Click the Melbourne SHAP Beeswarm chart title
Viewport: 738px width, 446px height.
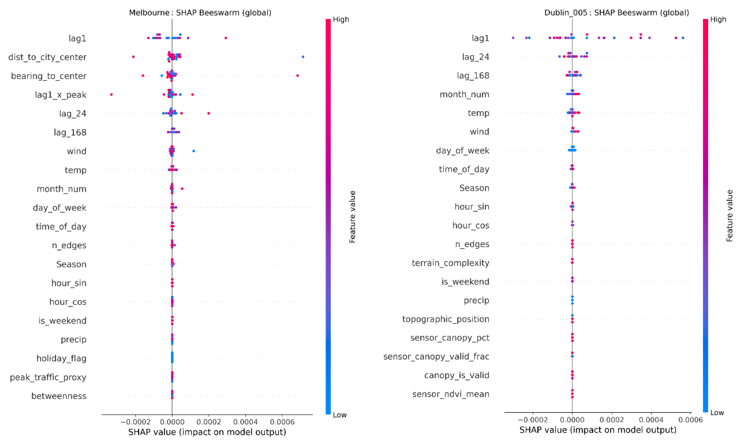(x=200, y=13)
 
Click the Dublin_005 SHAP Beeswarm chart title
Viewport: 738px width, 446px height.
(x=616, y=13)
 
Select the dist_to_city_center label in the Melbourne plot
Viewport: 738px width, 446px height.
(x=47, y=57)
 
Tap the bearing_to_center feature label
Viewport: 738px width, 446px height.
(x=49, y=76)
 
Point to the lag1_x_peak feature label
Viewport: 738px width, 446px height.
(x=61, y=95)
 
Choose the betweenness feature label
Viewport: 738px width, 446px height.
(x=59, y=396)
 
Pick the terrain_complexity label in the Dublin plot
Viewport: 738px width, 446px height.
(x=450, y=263)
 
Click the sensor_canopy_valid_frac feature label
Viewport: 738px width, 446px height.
(x=436, y=356)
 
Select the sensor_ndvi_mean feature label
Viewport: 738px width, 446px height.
(x=450, y=394)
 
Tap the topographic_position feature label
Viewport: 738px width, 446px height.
(x=445, y=319)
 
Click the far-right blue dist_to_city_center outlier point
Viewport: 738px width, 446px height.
(x=303, y=57)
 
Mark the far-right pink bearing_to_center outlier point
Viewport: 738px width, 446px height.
(x=297, y=75)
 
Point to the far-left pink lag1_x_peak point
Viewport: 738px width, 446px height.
(x=111, y=94)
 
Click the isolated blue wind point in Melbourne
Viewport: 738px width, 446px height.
(x=193, y=151)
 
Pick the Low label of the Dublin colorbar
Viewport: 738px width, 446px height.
(x=717, y=412)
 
